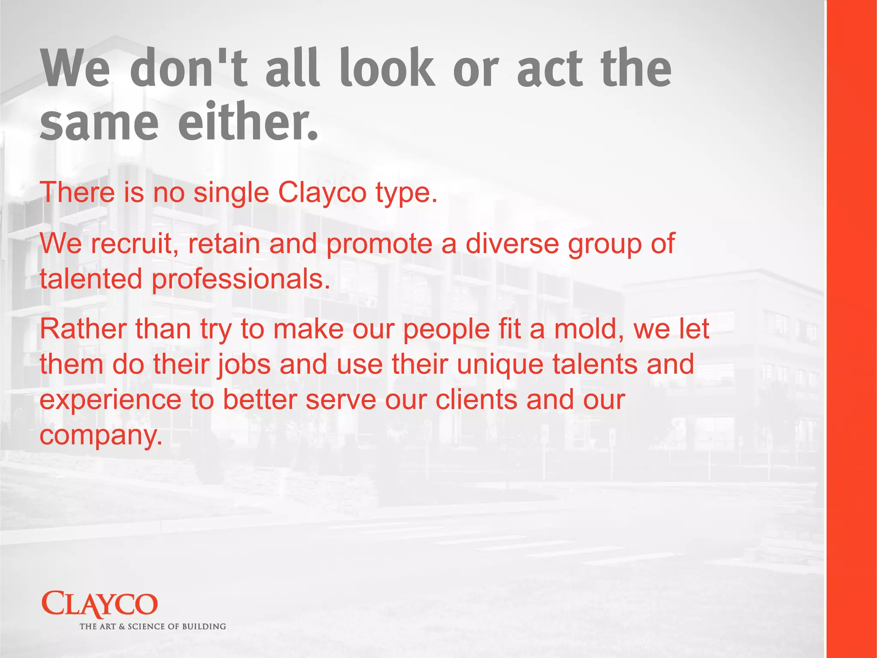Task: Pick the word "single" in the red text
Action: tap(231, 192)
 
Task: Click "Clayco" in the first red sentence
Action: tap(322, 192)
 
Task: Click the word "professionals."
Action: tap(241, 279)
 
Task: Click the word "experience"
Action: tap(110, 400)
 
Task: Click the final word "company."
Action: tap(101, 436)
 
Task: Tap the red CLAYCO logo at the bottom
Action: tap(100, 604)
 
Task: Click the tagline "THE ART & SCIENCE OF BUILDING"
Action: tap(153, 627)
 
